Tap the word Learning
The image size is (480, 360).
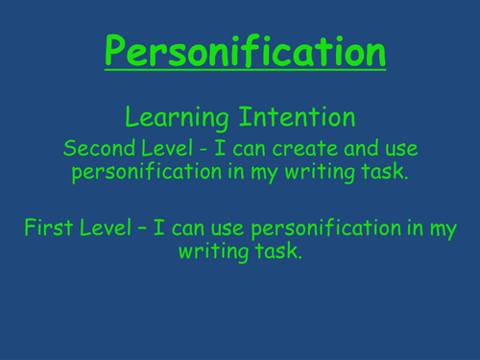(x=176, y=119)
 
